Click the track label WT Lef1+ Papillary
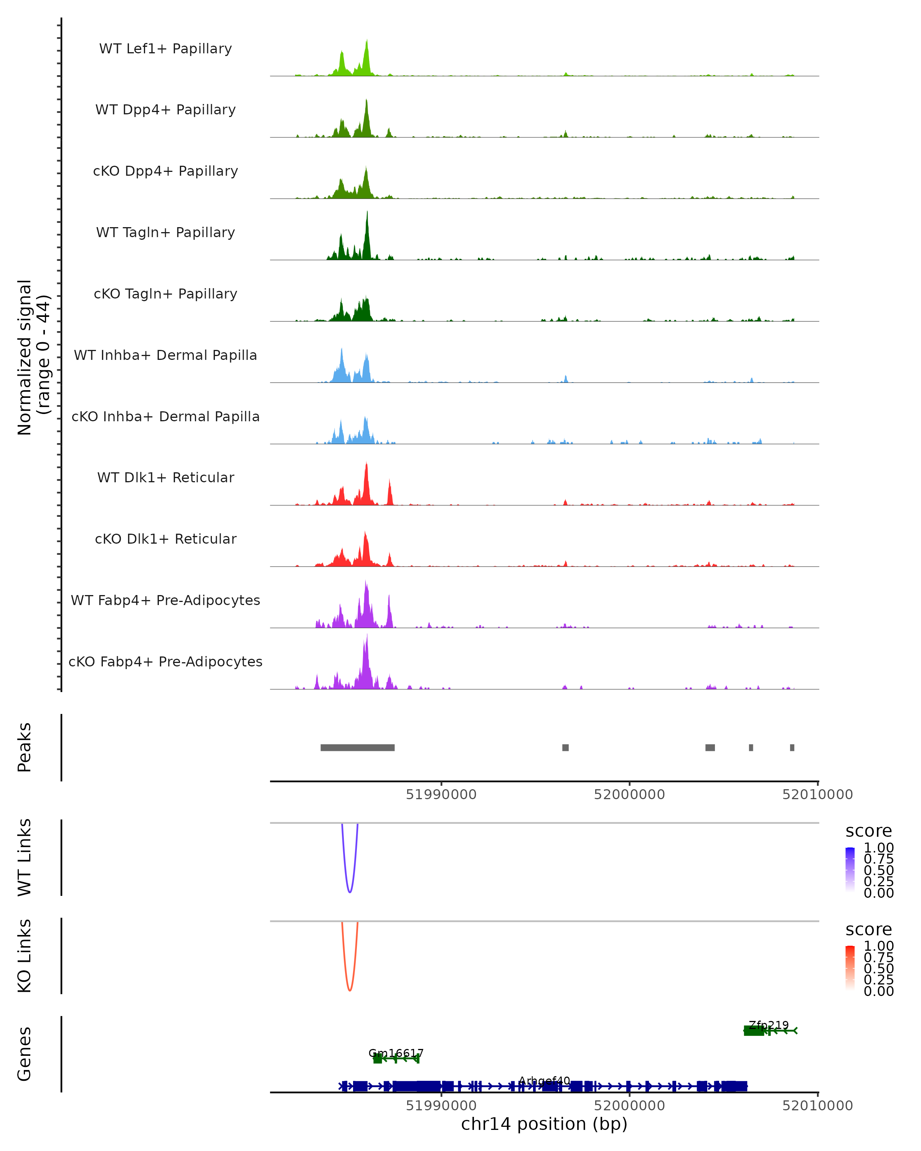(x=165, y=49)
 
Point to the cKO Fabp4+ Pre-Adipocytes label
(x=165, y=661)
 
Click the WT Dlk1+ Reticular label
(x=165, y=477)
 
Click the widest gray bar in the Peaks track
(x=357, y=747)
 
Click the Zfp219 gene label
(x=768, y=1025)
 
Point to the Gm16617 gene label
(x=396, y=1053)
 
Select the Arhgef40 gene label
(x=544, y=1081)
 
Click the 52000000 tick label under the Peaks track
(x=629, y=795)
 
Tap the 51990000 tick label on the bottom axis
(x=441, y=1106)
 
